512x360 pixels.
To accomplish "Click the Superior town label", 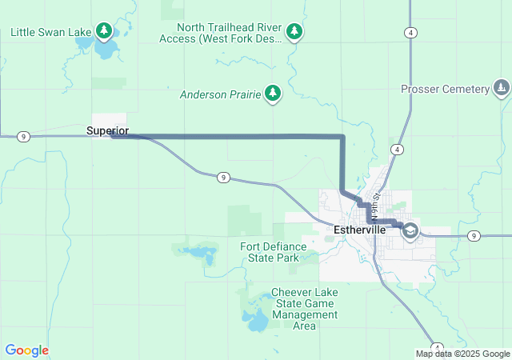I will [107, 130].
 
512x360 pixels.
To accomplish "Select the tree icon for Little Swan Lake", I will [104, 31].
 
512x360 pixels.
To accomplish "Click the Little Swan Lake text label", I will [51, 32].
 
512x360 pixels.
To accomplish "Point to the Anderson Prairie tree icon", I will [273, 94].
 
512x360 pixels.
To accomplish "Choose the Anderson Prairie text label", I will [220, 94].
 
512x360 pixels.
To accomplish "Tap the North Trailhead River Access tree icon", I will [295, 31].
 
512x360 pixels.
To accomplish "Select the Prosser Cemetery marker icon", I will [501, 88].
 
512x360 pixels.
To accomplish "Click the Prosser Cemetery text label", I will [445, 89].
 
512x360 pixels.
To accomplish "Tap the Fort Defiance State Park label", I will [270, 252].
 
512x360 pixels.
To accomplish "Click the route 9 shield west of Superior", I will [24, 137].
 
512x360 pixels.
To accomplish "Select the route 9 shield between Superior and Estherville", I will [223, 176].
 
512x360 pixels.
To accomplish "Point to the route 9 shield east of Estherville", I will [474, 235].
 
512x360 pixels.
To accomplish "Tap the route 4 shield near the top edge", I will [410, 32].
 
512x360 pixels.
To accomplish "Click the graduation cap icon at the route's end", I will [410, 230].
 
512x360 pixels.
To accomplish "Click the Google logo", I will [26, 350].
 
